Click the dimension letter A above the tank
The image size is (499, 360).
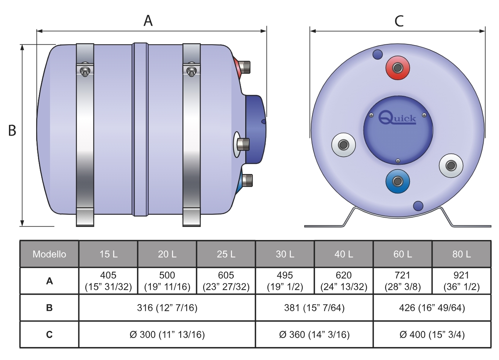[148, 20]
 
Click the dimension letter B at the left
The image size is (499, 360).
[12, 130]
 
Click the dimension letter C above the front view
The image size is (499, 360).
[399, 21]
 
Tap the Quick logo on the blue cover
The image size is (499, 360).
[397, 118]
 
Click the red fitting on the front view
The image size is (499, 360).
[398, 68]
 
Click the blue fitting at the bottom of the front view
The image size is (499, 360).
[398, 182]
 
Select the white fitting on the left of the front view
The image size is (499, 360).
[343, 145]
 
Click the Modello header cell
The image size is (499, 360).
[49, 254]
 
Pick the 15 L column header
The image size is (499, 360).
[108, 254]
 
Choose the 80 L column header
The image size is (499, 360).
[461, 254]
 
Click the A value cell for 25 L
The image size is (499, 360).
[226, 281]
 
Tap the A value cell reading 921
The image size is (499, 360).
[461, 281]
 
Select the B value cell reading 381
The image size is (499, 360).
[314, 308]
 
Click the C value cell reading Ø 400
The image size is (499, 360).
[432, 335]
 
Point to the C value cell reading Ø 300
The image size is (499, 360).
[167, 335]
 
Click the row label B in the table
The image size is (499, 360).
[49, 308]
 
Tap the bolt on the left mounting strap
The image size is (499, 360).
[85, 70]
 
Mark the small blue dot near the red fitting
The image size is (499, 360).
[378, 55]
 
